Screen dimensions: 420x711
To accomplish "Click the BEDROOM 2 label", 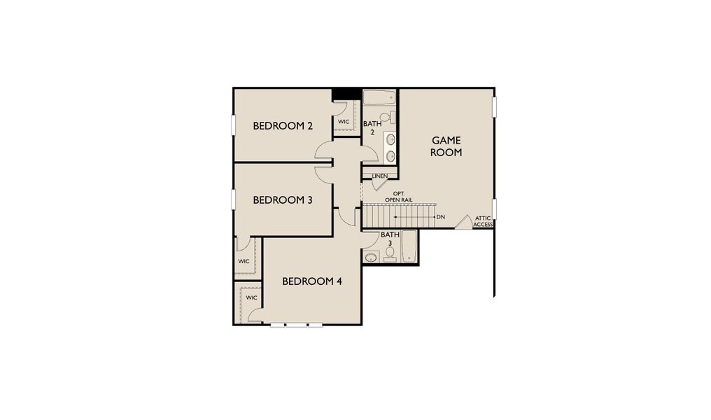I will [282, 126].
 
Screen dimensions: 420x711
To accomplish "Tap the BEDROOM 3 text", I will [282, 199].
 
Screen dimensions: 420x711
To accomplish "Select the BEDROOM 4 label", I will [311, 281].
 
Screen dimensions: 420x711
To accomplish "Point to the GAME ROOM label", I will [446, 146].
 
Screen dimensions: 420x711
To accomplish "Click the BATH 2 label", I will [372, 127].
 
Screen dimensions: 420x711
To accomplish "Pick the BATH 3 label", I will [390, 239].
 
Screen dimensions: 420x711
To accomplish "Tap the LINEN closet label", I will [380, 176].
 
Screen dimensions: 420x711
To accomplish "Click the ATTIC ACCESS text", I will [484, 221].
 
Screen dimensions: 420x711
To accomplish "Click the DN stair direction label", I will [440, 217].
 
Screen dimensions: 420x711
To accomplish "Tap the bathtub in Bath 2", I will [379, 97].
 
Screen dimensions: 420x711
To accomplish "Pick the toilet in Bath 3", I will [390, 253].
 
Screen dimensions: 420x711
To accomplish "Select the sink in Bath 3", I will [372, 257].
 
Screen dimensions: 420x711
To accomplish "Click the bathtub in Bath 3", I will [409, 247].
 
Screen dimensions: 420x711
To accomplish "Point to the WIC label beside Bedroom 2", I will [344, 122].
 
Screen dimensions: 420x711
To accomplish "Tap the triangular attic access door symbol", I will [463, 222].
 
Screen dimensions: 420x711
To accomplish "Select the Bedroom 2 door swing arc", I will [323, 148].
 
